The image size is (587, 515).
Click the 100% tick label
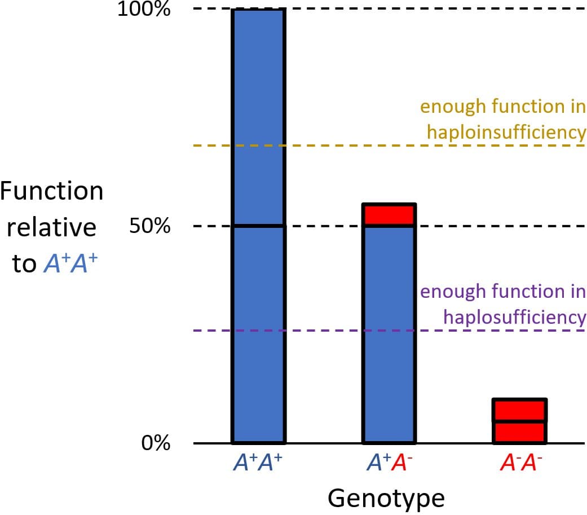(x=144, y=10)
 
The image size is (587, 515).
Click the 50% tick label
(x=149, y=226)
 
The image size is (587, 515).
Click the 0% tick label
(x=156, y=443)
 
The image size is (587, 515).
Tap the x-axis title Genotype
(x=386, y=498)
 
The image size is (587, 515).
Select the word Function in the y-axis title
(x=52, y=191)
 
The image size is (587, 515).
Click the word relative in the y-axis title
(x=51, y=227)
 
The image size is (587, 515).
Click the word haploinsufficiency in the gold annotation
(x=506, y=131)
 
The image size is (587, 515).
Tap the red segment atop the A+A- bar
(x=389, y=215)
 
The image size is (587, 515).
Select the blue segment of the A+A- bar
(x=389, y=333)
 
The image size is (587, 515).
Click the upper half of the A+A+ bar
(x=258, y=117)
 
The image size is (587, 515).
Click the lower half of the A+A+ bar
(x=258, y=334)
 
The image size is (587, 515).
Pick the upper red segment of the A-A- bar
(x=519, y=410)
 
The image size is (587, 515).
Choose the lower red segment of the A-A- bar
(x=519, y=432)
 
